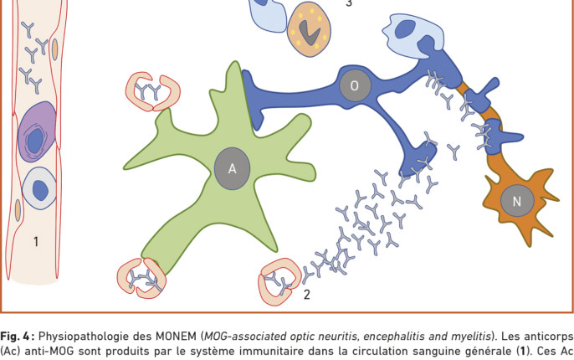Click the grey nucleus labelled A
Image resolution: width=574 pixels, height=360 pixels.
tap(232, 168)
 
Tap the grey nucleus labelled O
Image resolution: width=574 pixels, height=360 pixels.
tap(355, 85)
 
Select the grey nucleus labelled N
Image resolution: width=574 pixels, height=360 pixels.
tap(517, 201)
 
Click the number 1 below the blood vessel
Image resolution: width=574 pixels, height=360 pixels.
tap(36, 242)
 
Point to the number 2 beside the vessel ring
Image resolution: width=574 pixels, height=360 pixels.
tap(307, 295)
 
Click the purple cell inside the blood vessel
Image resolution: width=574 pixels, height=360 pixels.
tap(37, 131)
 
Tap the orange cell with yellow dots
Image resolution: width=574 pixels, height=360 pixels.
tap(310, 29)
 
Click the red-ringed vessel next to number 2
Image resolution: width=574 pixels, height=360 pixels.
tap(279, 281)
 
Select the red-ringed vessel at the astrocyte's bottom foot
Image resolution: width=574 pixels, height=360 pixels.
tap(141, 278)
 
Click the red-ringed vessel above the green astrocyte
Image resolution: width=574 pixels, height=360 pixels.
tap(152, 91)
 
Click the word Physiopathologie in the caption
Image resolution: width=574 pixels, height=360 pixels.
tap(95, 337)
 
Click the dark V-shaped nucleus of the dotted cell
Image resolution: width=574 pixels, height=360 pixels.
tap(310, 33)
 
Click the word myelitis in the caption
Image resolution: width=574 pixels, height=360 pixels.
tap(474, 337)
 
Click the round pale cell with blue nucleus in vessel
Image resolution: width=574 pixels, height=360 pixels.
tap(39, 189)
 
